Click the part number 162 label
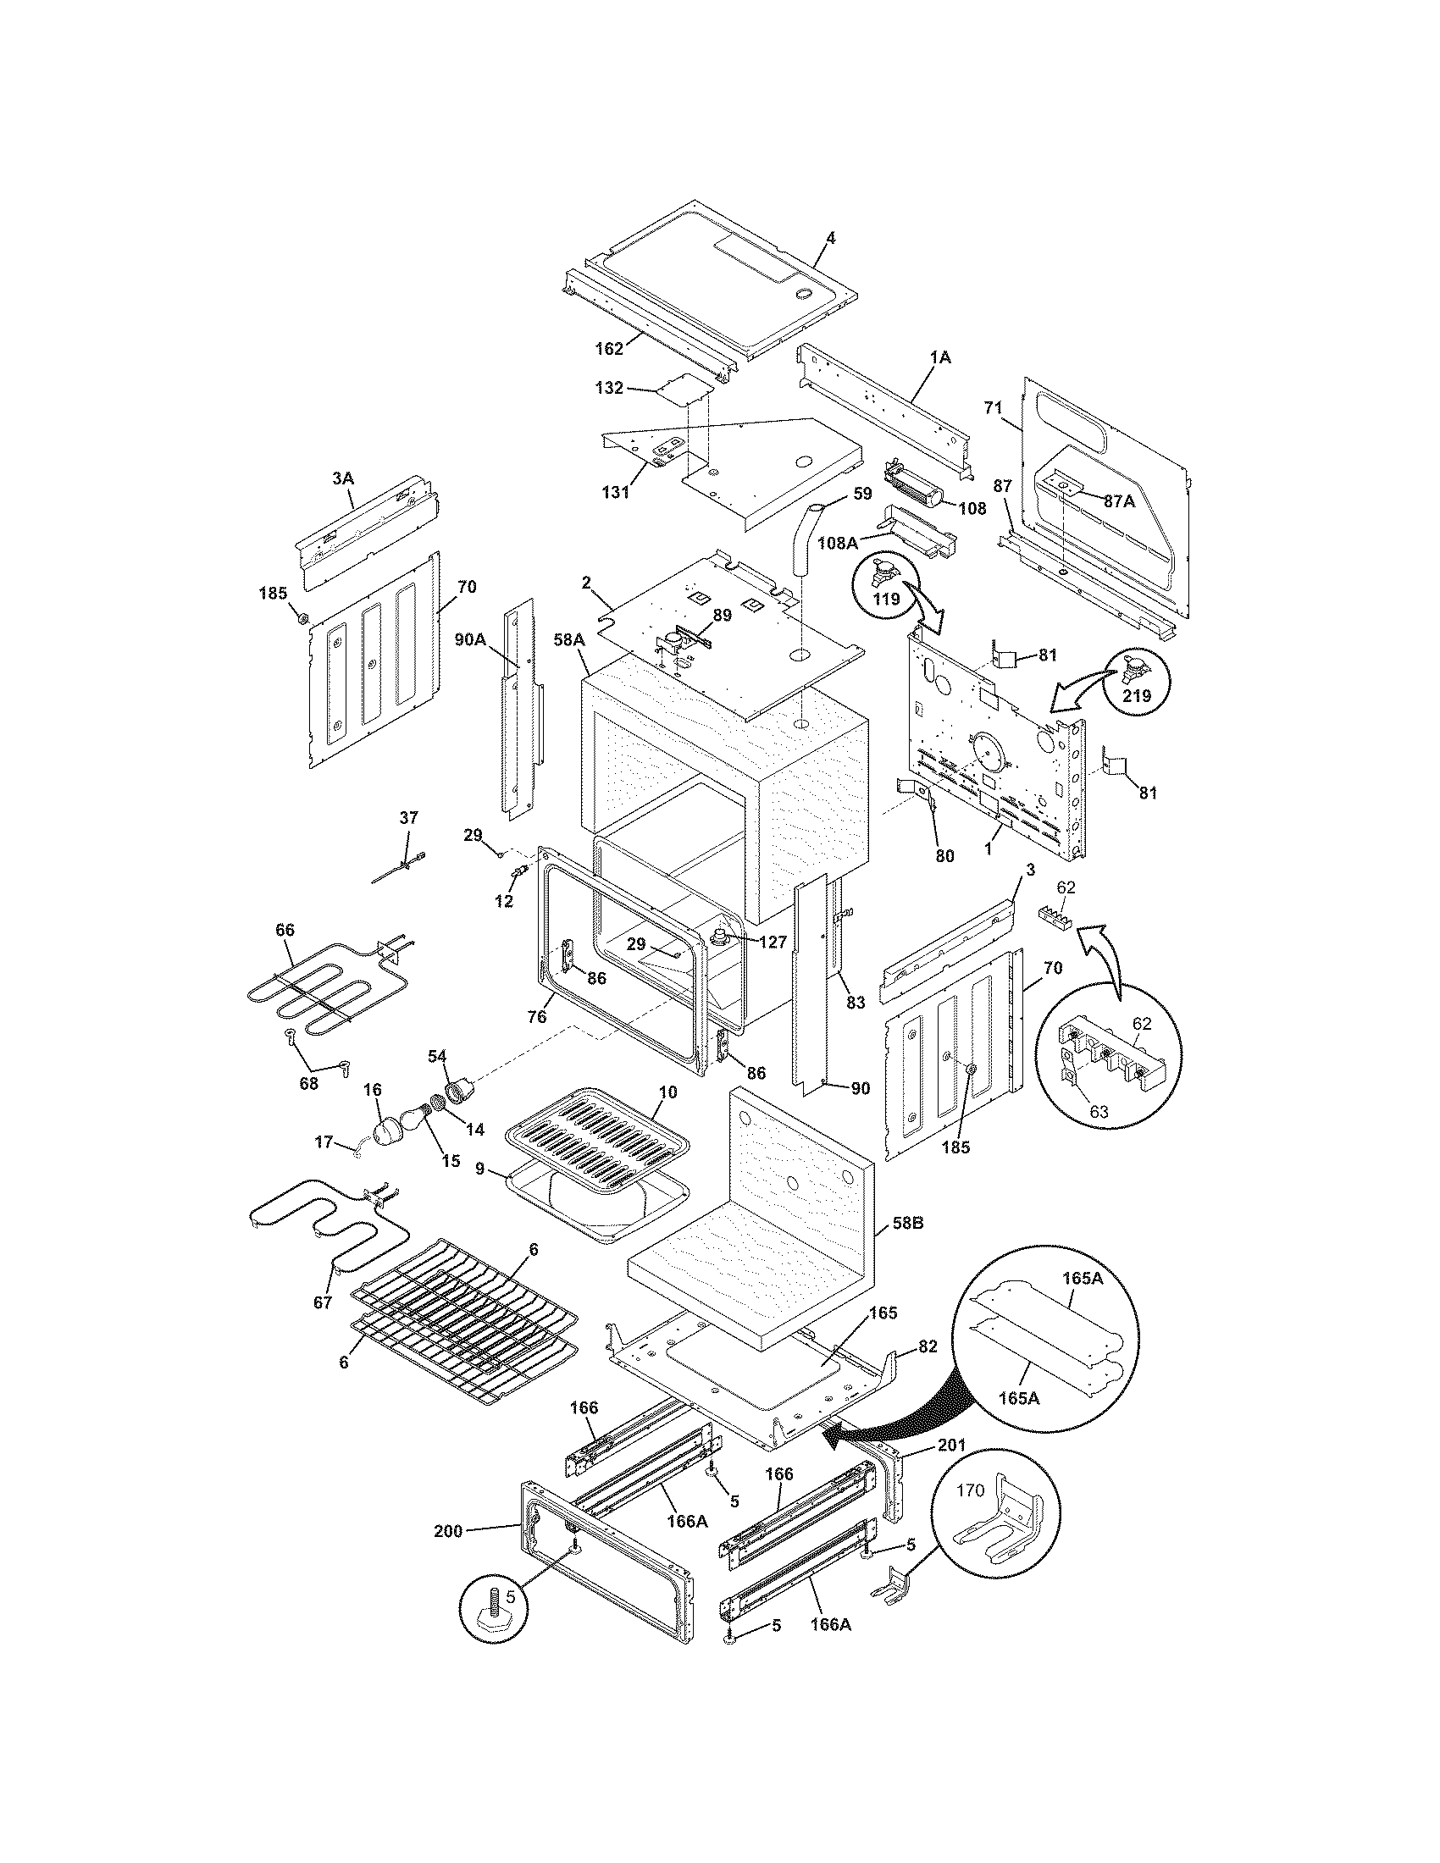tap(609, 348)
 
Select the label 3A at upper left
tap(342, 478)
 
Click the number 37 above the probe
tap(408, 817)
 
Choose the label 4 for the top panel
tap(830, 238)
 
